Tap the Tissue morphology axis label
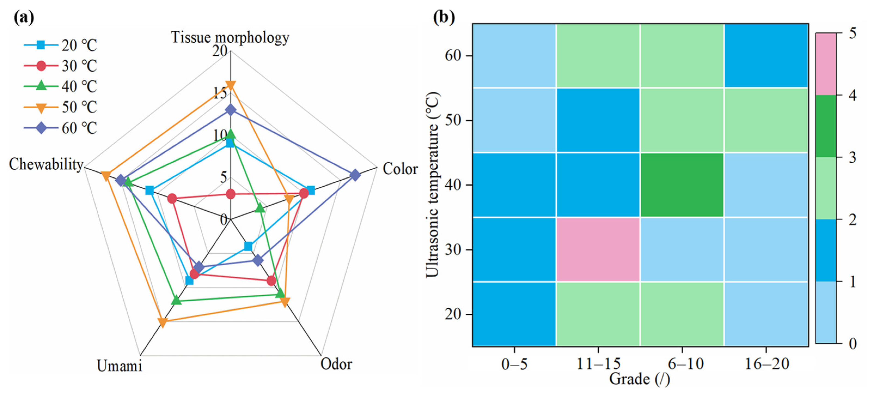click(230, 37)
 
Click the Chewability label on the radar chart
click(46, 164)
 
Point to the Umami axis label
click(119, 366)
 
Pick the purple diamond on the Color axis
click(355, 175)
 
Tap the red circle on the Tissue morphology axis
click(231, 194)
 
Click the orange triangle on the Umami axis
click(163, 322)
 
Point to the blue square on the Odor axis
click(248, 247)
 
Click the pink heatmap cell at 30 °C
click(598, 250)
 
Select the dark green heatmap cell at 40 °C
click(682, 185)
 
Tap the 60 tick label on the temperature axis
click(453, 55)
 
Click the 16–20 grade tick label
click(767, 364)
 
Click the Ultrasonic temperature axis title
click(433, 185)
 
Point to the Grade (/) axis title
click(639, 379)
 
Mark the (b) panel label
click(444, 17)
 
